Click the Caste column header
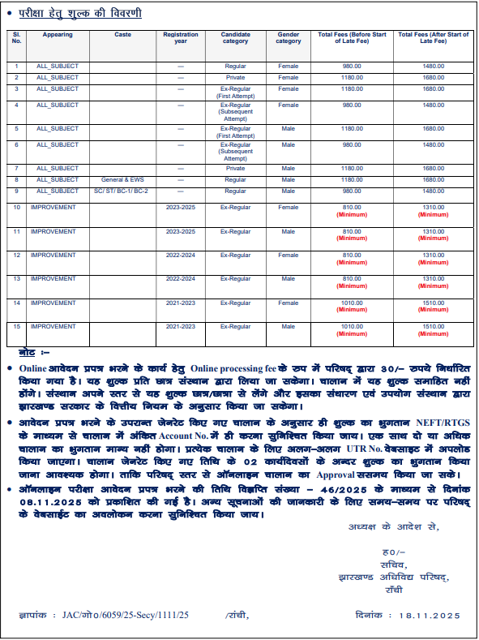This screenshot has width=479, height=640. pos(122,35)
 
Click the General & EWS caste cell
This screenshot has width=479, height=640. pos(122,180)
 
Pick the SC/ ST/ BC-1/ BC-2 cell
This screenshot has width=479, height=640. pos(122,191)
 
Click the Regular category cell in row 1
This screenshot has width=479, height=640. pos(235,66)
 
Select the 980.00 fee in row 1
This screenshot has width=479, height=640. pos(351,66)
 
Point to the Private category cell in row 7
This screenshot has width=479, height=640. pos(235,169)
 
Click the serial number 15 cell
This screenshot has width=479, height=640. pos(16,326)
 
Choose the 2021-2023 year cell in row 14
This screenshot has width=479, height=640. pos(180,303)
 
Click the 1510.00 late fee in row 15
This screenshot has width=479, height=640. pos(434,326)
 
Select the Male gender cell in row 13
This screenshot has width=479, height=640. pos(288,279)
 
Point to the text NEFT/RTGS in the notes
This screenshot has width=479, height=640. pos(439,423)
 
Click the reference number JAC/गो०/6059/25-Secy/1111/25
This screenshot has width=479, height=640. pos(125,616)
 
